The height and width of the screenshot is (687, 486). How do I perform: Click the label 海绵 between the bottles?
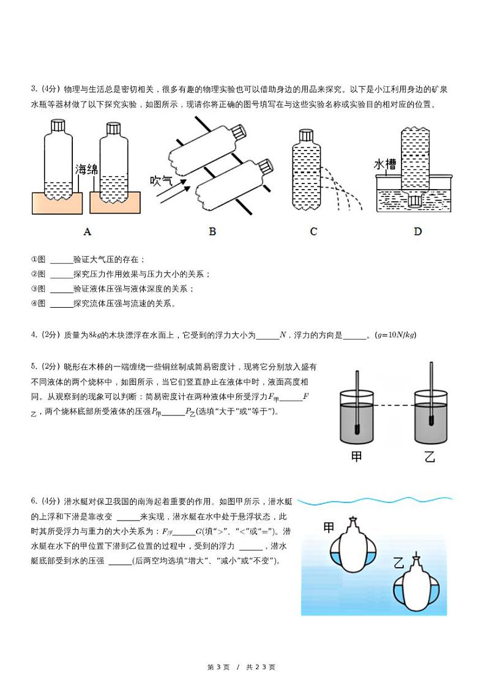(x=86, y=169)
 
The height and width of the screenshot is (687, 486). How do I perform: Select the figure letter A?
(x=87, y=231)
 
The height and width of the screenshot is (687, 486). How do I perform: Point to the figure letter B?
(x=212, y=231)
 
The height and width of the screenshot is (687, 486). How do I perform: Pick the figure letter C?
(x=313, y=231)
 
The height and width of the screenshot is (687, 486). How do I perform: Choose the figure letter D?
(x=417, y=231)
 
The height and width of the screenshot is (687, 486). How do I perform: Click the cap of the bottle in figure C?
(x=306, y=136)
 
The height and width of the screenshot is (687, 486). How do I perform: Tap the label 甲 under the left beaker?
(x=357, y=456)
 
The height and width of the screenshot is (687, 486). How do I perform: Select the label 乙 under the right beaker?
(x=430, y=456)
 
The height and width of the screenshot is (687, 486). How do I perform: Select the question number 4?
(x=34, y=335)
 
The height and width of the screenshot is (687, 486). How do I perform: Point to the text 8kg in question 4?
(x=95, y=335)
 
